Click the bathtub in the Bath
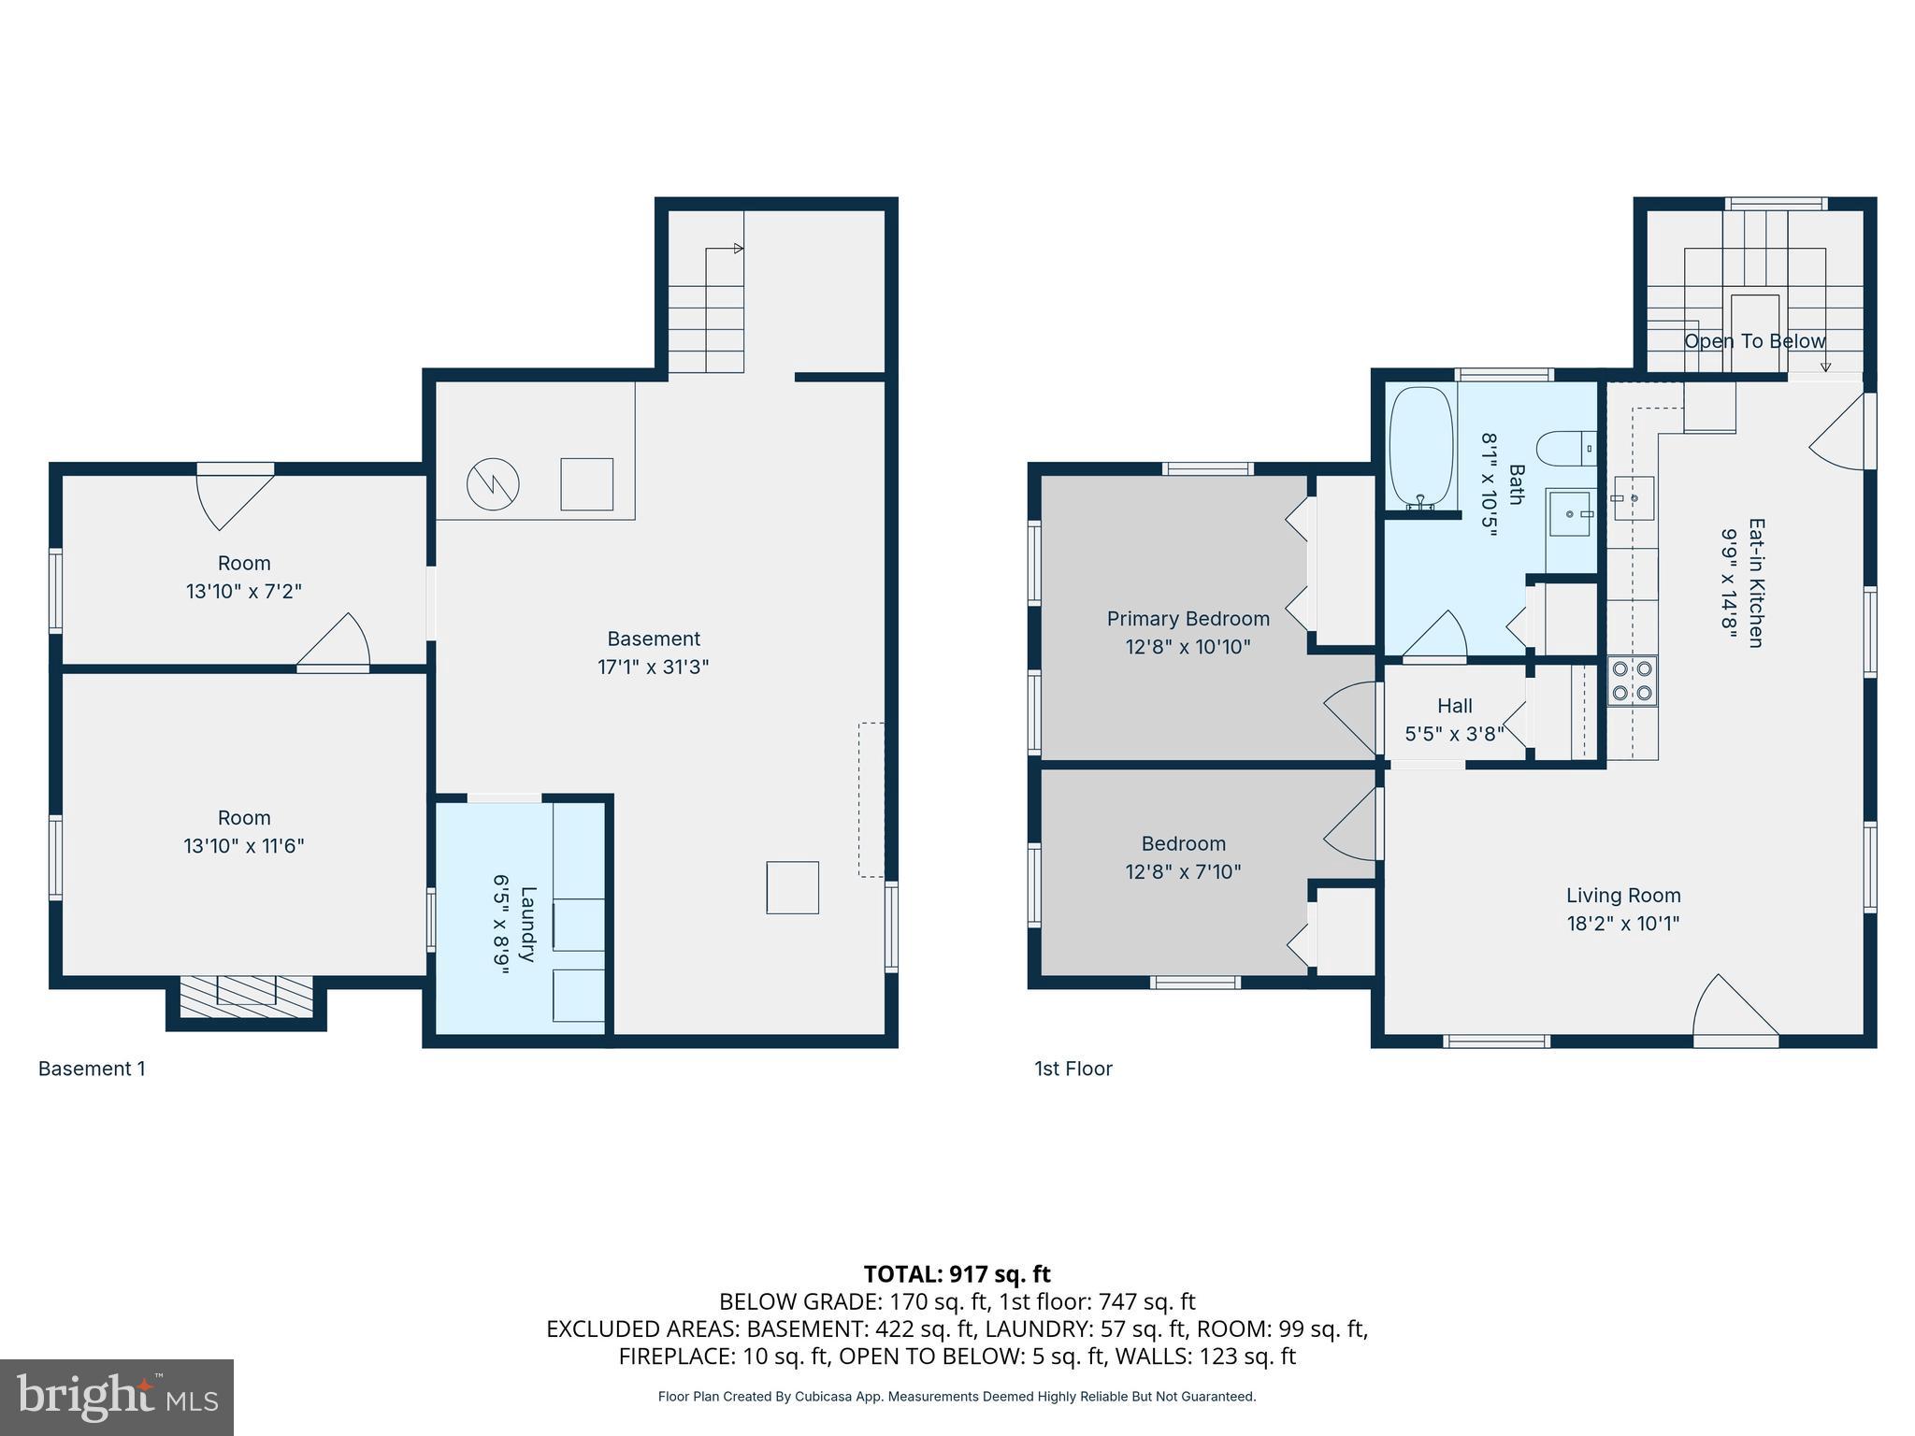[1420, 449]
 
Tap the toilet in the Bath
[1565, 448]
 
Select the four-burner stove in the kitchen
[1632, 681]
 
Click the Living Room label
[1623, 896]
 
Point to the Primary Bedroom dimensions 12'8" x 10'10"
[1188, 647]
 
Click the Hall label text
[1454, 707]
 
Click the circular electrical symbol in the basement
[493, 484]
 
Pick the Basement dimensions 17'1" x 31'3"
[653, 668]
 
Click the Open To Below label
[1754, 341]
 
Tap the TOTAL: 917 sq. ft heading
[957, 1274]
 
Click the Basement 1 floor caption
[92, 1069]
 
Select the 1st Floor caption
[1073, 1069]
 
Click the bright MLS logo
[117, 1398]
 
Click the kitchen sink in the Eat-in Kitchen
[1633, 497]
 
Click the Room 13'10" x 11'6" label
[244, 831]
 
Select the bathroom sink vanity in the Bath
[1570, 513]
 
